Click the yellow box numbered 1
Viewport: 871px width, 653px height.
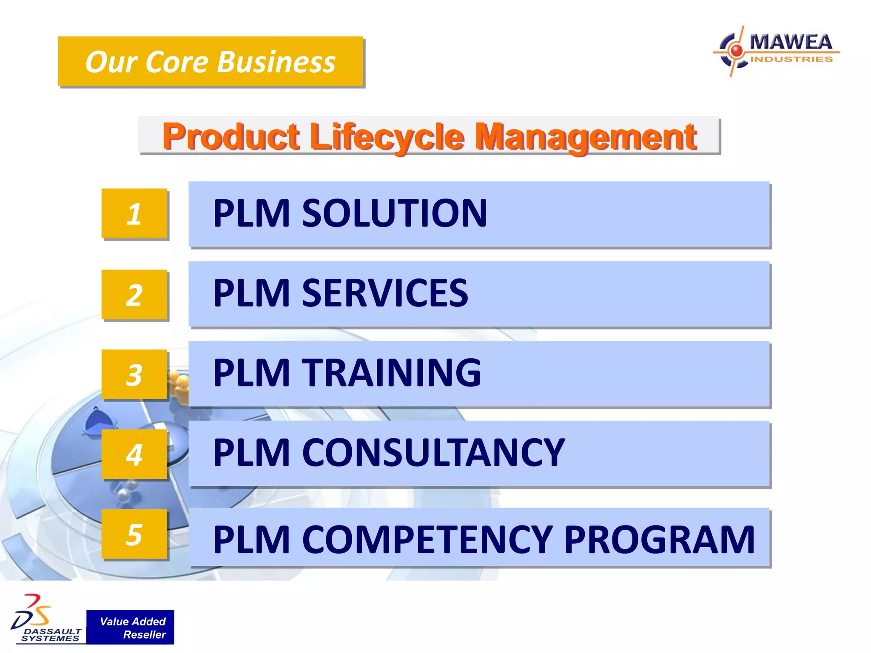pyautogui.click(x=134, y=213)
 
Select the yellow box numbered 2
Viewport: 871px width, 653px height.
pyautogui.click(x=134, y=295)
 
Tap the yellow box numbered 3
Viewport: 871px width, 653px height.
pyautogui.click(x=134, y=375)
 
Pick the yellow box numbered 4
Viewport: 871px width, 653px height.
pyautogui.click(x=134, y=454)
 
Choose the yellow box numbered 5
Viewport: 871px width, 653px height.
pyautogui.click(x=134, y=534)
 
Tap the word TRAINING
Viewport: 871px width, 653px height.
pyautogui.click(x=391, y=373)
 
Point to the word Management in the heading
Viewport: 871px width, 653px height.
pyautogui.click(x=585, y=137)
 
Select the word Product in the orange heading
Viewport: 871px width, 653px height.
pyautogui.click(x=231, y=137)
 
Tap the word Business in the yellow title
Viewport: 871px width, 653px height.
pyautogui.click(x=276, y=62)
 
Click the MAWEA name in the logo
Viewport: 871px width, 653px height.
pyautogui.click(x=791, y=42)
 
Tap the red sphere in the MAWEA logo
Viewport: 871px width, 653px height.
pyautogui.click(x=736, y=51)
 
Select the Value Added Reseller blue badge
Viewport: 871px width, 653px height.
pyautogui.click(x=130, y=627)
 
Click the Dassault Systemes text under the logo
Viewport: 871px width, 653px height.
pyautogui.click(x=51, y=635)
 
